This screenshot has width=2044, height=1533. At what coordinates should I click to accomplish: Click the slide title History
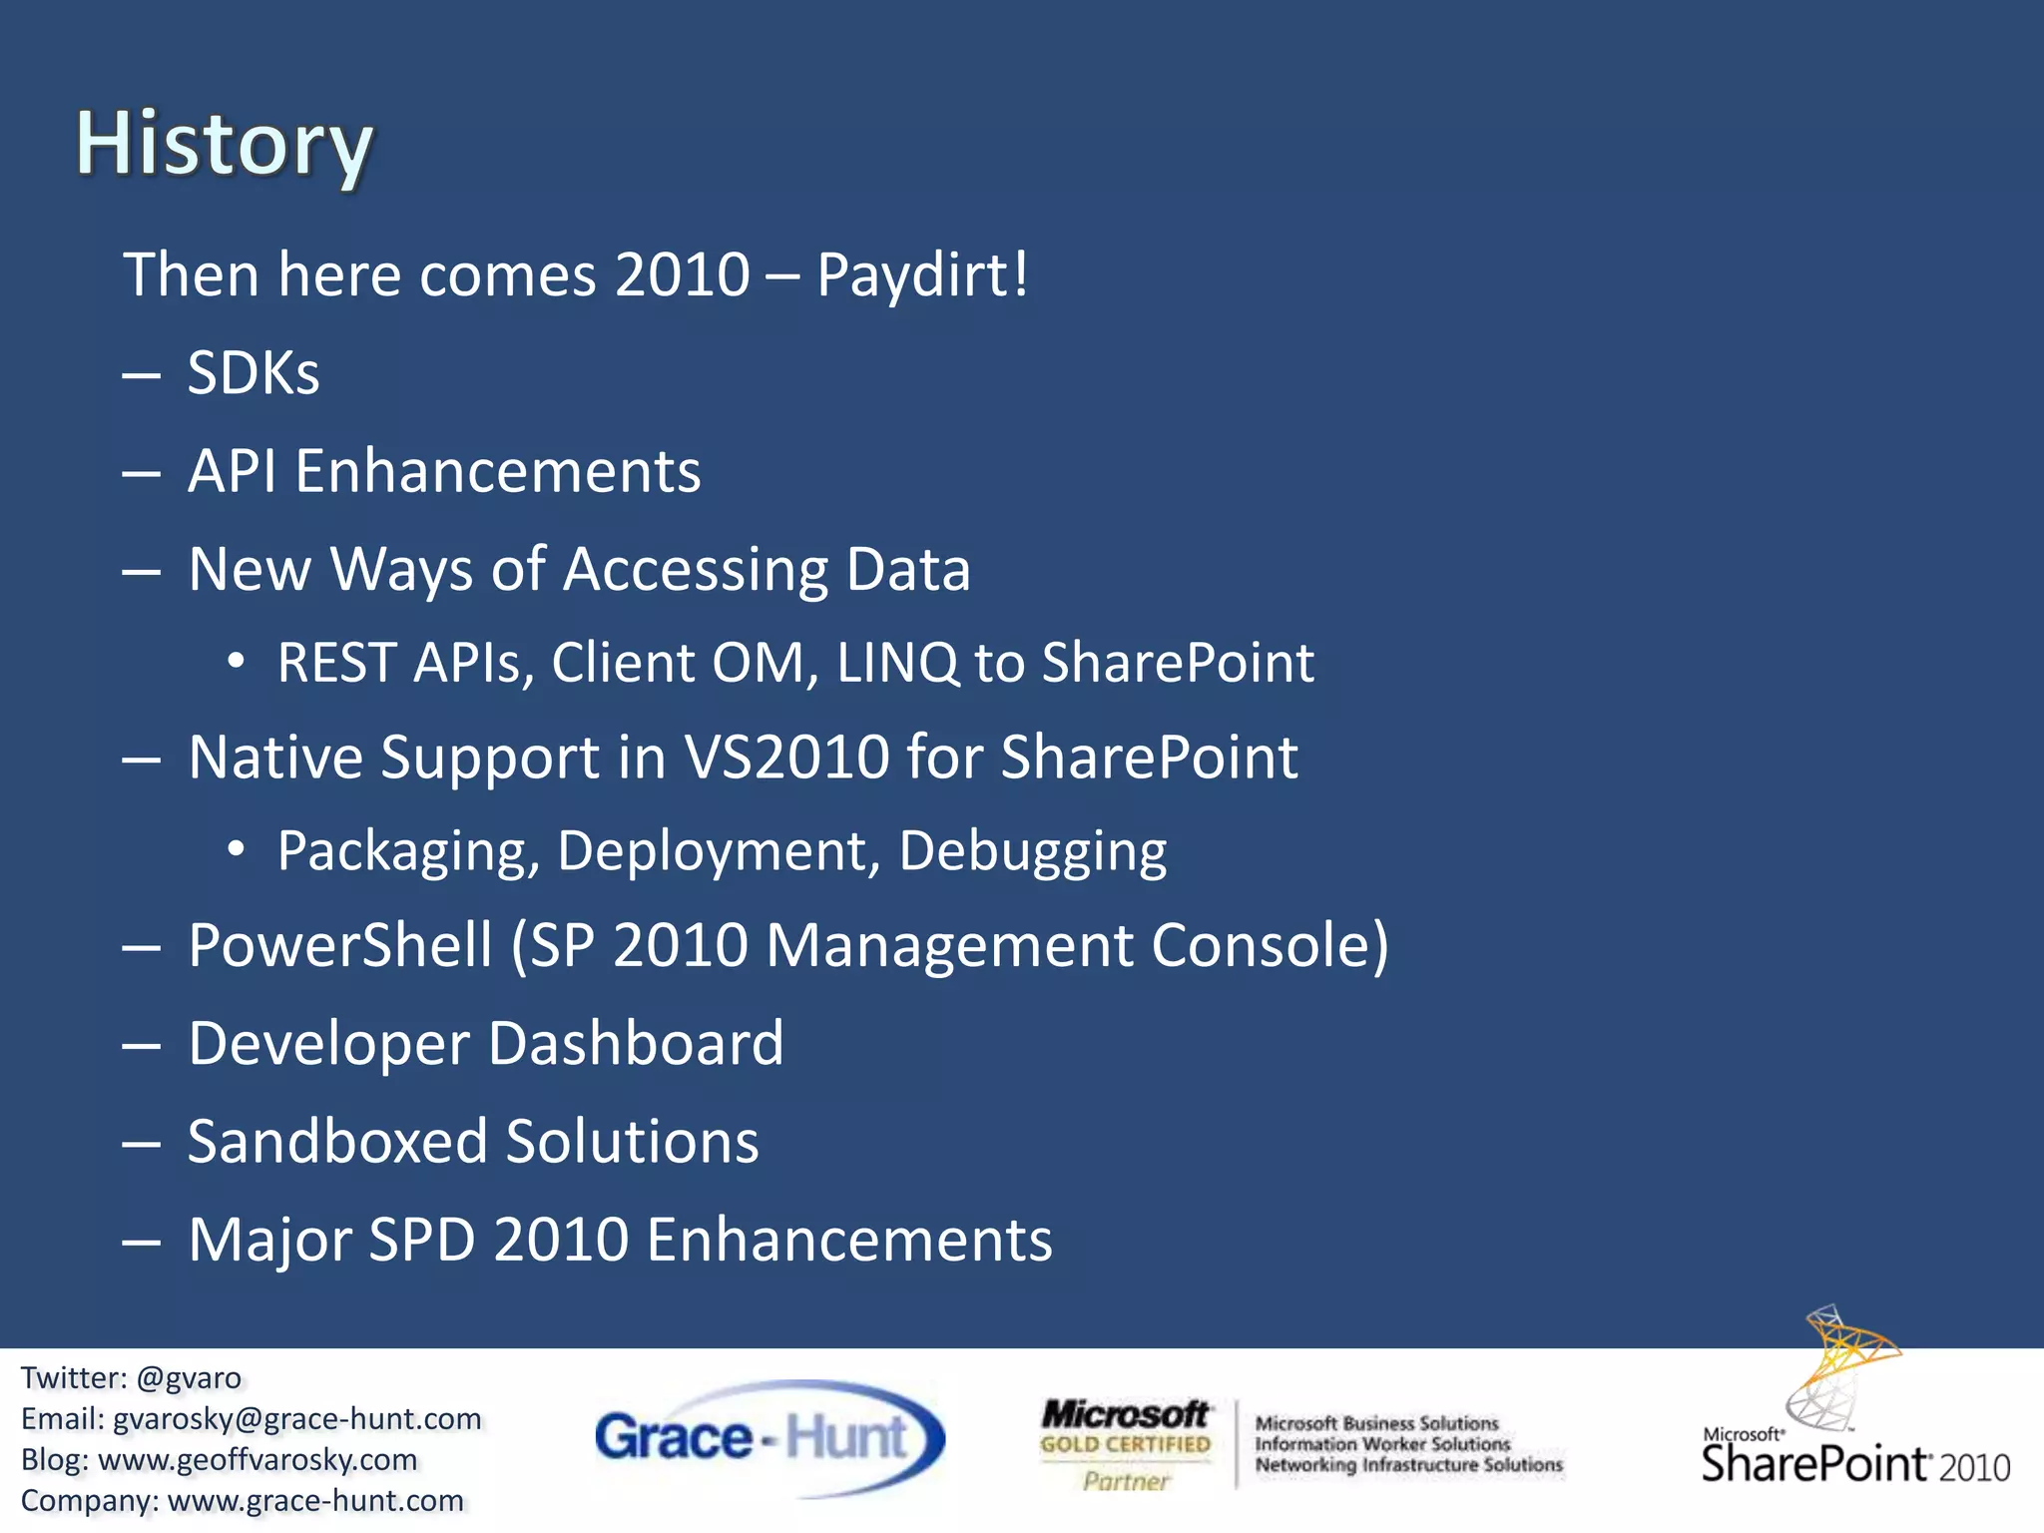[225, 145]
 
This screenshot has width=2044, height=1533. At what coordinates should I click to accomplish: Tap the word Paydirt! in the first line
[921, 274]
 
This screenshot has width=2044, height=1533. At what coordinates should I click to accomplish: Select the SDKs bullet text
[254, 373]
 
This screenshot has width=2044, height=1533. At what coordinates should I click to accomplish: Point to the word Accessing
[696, 570]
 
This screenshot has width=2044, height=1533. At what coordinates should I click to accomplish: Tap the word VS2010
[786, 757]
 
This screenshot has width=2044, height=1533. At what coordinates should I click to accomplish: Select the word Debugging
[1032, 851]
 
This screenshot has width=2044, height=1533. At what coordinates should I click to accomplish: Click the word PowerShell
[340, 945]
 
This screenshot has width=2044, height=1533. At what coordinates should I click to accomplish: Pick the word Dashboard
[636, 1044]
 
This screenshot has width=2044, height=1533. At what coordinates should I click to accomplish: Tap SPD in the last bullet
[421, 1240]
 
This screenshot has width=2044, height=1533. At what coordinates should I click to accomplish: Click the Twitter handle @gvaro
[189, 1378]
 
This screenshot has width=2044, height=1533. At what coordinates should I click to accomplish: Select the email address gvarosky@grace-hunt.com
[296, 1419]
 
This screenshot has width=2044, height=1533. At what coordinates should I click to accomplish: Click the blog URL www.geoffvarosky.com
[257, 1460]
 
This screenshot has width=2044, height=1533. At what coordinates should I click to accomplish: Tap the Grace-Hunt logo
[767, 1438]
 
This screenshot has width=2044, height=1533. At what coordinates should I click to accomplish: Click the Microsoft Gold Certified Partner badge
[1125, 1444]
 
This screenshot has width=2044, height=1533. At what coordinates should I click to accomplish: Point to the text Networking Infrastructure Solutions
[1408, 1465]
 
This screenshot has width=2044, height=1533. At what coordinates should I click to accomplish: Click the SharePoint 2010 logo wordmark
[1853, 1463]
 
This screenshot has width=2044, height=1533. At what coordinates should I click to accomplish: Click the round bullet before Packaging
[236, 849]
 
